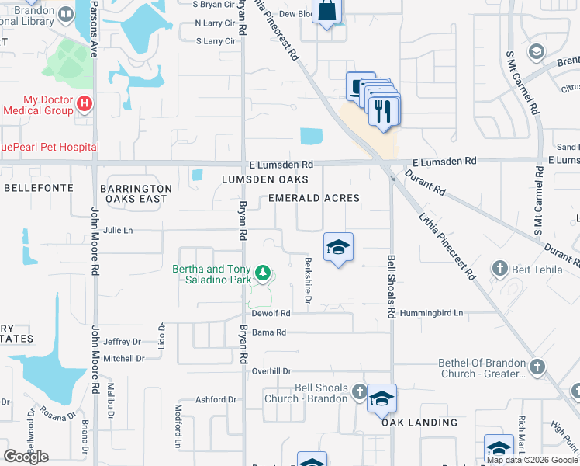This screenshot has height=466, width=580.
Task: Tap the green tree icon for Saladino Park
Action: pyautogui.click(x=263, y=273)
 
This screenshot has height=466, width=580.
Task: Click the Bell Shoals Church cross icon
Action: pyautogui.click(x=359, y=392)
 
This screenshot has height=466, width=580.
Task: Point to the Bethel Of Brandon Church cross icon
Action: pyautogui.click(x=537, y=367)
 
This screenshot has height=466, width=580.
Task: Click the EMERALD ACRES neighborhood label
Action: pyautogui.click(x=314, y=198)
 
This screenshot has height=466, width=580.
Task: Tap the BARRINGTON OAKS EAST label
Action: pyautogui.click(x=136, y=193)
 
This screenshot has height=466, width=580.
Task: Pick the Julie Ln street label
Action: pyautogui.click(x=118, y=230)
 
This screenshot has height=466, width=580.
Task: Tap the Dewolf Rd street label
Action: pyautogui.click(x=271, y=313)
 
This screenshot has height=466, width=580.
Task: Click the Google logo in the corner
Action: pyautogui.click(x=26, y=457)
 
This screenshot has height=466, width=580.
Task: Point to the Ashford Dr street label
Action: pyautogui.click(x=216, y=400)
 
